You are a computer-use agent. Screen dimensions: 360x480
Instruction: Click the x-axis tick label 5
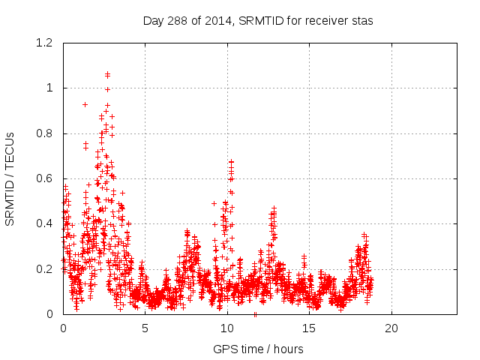click(x=145, y=328)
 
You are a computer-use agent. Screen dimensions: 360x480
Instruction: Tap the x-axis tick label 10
click(x=226, y=328)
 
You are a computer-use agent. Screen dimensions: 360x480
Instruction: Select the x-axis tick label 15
click(x=309, y=328)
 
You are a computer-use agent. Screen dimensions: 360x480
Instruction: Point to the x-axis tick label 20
click(x=391, y=328)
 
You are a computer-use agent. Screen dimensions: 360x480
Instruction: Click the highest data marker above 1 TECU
click(x=108, y=74)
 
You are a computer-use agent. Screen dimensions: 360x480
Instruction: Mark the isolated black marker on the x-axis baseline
click(x=255, y=313)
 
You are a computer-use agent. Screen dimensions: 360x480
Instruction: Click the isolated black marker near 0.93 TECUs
click(x=85, y=104)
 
